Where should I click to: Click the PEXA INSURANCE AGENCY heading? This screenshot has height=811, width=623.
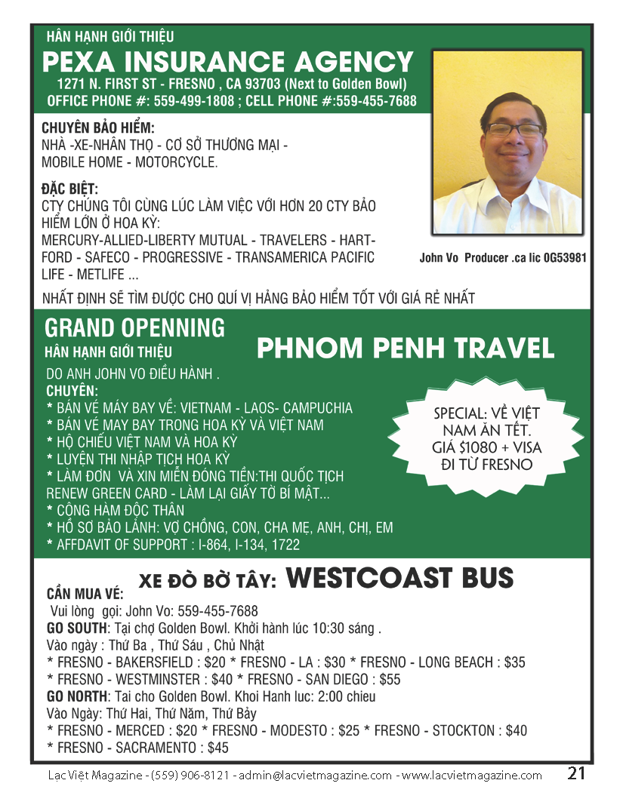point(227,62)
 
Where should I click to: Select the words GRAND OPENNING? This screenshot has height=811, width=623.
point(134,328)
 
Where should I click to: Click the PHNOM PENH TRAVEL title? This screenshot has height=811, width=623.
point(406,349)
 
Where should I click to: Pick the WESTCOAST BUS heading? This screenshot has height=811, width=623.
point(400,579)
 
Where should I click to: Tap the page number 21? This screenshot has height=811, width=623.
point(577,773)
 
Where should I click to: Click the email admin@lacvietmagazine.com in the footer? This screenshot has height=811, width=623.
point(315,776)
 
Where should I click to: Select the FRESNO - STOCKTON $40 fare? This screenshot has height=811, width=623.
point(451,730)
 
